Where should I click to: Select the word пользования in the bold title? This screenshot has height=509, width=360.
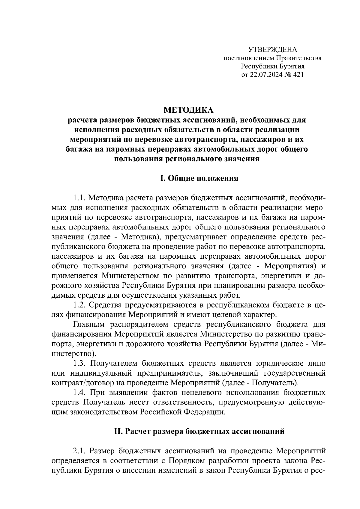click(x=139, y=159)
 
